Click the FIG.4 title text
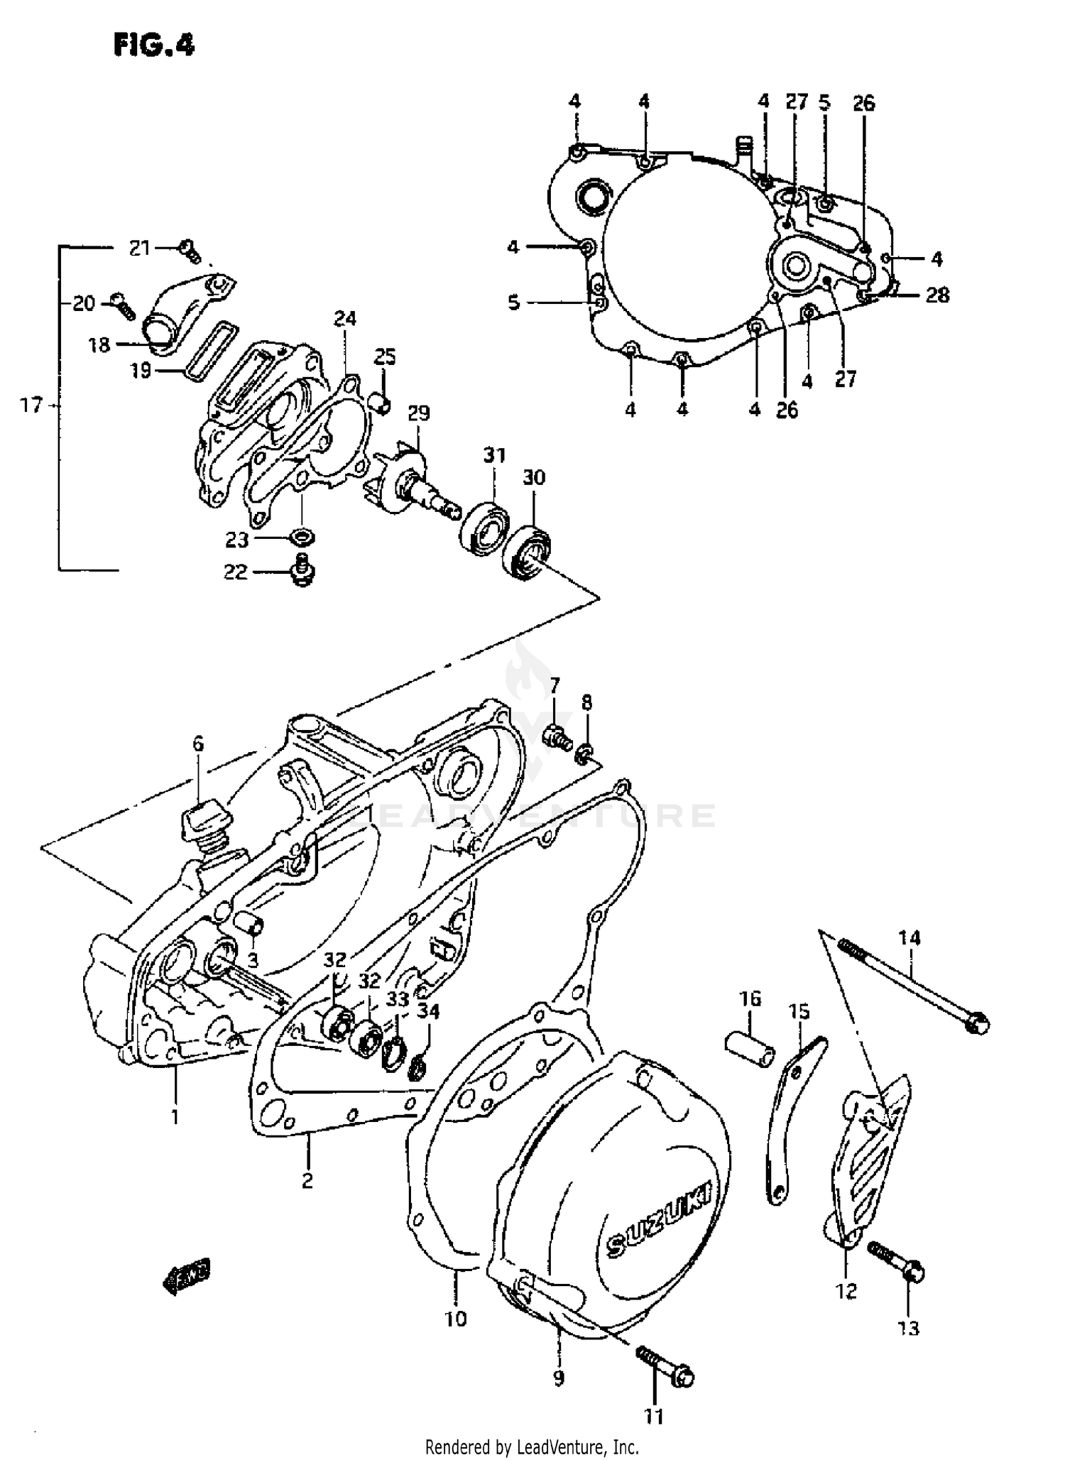tap(153, 45)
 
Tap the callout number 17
tap(31, 405)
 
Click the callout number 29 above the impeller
tap(419, 413)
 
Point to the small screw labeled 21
tap(190, 249)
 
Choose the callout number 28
tap(937, 295)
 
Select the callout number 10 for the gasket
tap(456, 1319)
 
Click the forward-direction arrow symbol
tap(188, 1280)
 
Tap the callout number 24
tap(345, 319)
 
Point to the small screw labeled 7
tap(557, 739)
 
